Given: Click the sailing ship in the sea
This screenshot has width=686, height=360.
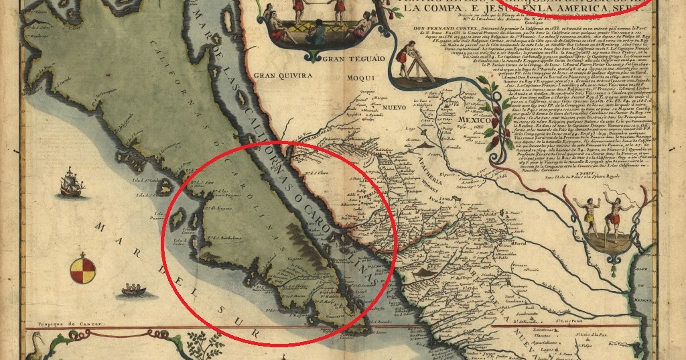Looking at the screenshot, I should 70,183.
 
